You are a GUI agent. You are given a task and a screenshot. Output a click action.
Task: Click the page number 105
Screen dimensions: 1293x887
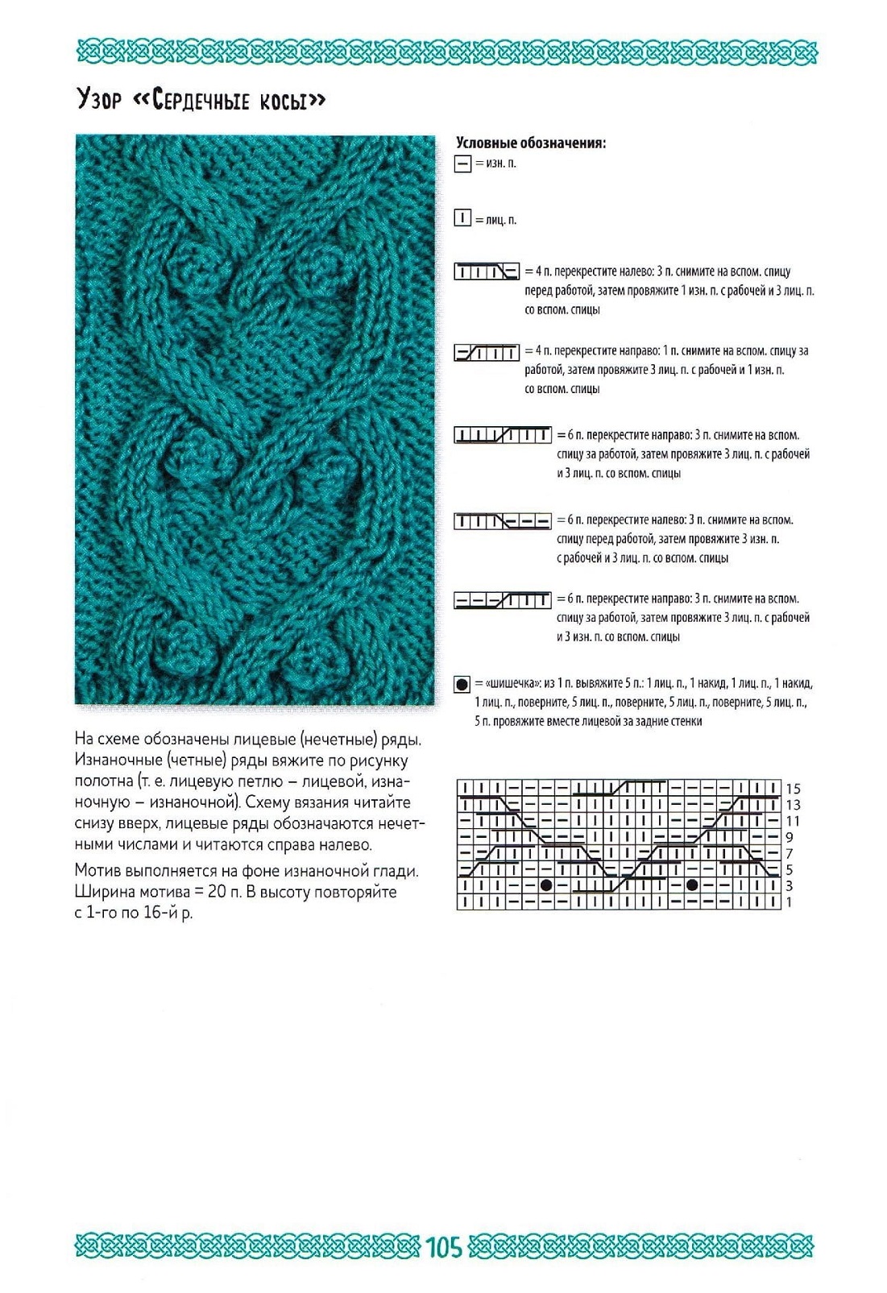444,1247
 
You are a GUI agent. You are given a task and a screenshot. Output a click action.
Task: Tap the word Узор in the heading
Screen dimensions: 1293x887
98,100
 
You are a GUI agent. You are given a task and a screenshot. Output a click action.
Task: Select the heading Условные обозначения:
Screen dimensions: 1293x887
530,143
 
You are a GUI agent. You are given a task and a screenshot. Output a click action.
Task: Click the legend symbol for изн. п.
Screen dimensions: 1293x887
462,164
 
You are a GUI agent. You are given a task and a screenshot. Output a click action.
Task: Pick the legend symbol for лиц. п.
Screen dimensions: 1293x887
462,218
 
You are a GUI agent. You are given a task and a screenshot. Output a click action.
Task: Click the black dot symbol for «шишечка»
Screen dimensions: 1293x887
462,685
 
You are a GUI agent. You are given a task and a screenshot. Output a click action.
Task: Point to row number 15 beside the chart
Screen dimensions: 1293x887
793,789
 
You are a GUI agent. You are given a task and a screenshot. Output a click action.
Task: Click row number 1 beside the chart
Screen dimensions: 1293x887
790,902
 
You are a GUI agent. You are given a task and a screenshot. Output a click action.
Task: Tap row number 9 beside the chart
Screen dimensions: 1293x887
790,838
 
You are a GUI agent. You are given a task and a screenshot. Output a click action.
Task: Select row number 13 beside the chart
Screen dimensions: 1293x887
793,805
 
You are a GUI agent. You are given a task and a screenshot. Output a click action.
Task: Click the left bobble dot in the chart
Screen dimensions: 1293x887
546,885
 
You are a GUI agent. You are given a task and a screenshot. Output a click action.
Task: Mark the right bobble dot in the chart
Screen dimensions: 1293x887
692,885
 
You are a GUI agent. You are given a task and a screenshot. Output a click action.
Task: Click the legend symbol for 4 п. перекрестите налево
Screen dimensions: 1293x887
487,271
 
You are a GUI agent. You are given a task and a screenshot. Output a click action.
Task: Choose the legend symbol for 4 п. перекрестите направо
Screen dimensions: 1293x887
487,352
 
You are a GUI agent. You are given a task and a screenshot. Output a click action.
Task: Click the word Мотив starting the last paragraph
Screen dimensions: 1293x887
97,871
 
